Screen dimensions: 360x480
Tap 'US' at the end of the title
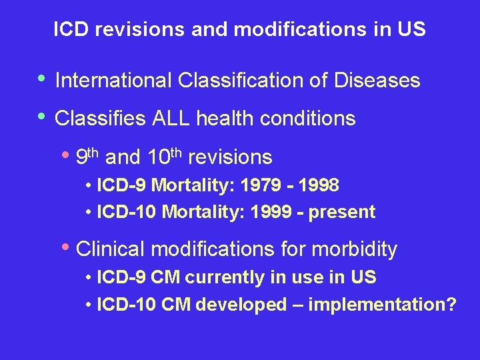(x=413, y=30)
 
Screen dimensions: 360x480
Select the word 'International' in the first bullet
(x=114, y=81)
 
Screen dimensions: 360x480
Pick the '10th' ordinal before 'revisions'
(x=163, y=157)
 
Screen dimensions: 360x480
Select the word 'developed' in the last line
(x=246, y=305)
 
